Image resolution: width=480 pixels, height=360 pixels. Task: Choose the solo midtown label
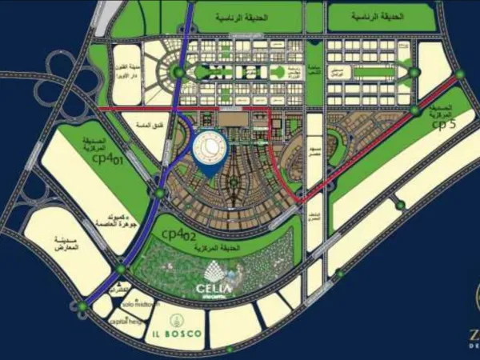pos(141,305)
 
